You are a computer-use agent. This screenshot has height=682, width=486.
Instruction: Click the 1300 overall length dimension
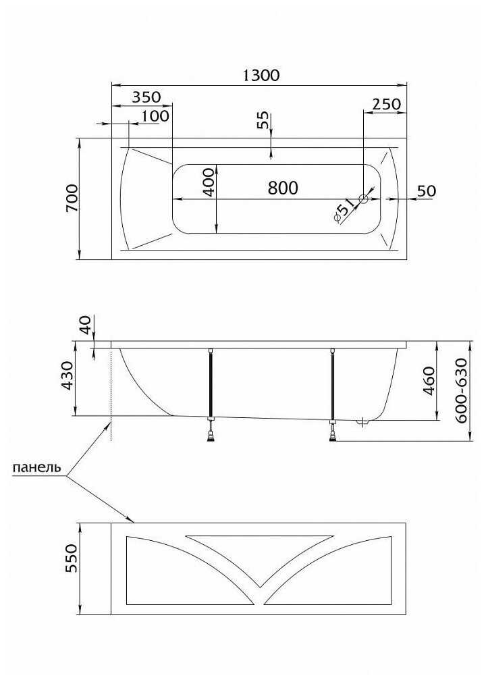[x=261, y=75]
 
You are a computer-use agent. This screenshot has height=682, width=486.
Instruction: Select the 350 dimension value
[x=146, y=97]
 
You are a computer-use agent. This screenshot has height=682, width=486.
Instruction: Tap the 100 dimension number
[x=155, y=116]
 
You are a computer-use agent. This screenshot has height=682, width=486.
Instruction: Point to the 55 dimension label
[x=263, y=120]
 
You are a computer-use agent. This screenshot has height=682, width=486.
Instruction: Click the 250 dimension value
[x=386, y=104]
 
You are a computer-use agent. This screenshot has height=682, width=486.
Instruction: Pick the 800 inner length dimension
[x=282, y=188]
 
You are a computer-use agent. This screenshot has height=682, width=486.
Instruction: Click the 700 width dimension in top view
[x=72, y=198]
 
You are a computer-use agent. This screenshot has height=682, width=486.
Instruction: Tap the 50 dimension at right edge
[x=425, y=191]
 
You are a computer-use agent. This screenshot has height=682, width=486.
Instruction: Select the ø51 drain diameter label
[x=345, y=212]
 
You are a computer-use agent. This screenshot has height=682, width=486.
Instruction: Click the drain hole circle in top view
[x=364, y=199]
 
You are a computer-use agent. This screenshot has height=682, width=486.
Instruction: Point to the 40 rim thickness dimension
[x=85, y=325]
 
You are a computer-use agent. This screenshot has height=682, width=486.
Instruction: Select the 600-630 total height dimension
[x=462, y=390]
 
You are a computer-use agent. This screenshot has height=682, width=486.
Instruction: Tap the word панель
[x=37, y=467]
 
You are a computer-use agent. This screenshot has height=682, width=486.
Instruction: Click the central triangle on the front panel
[x=260, y=554]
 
